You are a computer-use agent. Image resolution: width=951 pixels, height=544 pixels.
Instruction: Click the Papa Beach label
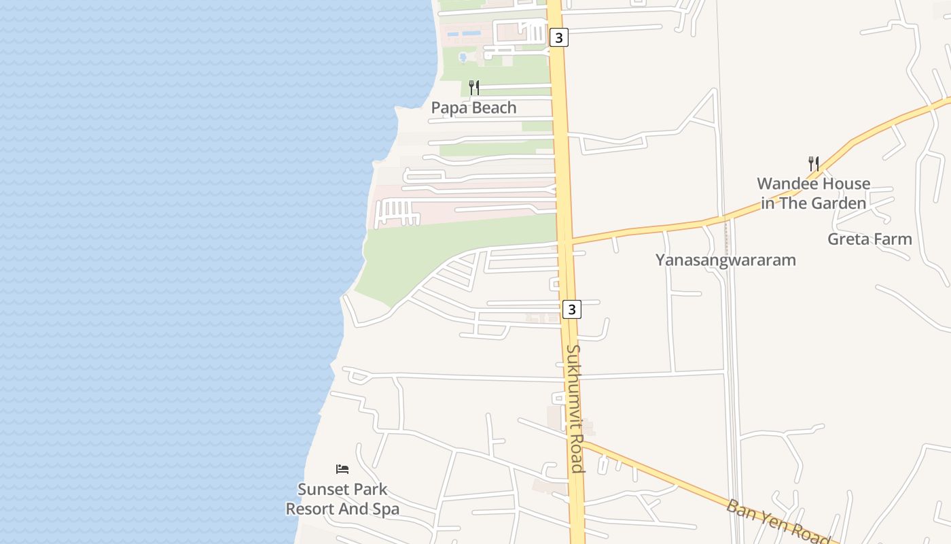(473, 107)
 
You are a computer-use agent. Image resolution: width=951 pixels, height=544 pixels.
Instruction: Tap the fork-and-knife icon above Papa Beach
(474, 87)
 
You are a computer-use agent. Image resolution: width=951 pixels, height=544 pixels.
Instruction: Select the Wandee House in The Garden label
(813, 193)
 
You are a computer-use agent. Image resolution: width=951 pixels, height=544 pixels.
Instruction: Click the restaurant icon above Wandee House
(813, 163)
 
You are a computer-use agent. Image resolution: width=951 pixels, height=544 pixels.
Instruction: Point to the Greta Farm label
(869, 239)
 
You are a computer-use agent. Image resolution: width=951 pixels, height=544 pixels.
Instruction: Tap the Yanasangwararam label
(725, 260)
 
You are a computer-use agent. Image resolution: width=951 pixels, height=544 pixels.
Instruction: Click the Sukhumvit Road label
(575, 408)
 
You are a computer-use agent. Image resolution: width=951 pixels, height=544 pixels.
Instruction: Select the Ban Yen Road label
(778, 522)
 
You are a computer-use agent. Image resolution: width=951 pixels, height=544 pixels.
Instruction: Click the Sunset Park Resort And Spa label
(342, 498)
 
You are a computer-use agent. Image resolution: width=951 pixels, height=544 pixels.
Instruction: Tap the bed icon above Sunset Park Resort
(342, 469)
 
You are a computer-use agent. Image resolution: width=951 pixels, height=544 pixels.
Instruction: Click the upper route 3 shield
(558, 38)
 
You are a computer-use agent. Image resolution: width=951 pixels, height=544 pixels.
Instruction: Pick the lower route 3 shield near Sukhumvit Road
(572, 309)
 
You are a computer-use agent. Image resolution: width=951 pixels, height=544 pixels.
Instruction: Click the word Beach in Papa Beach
(492, 107)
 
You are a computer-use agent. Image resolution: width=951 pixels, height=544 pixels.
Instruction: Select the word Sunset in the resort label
(323, 489)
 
